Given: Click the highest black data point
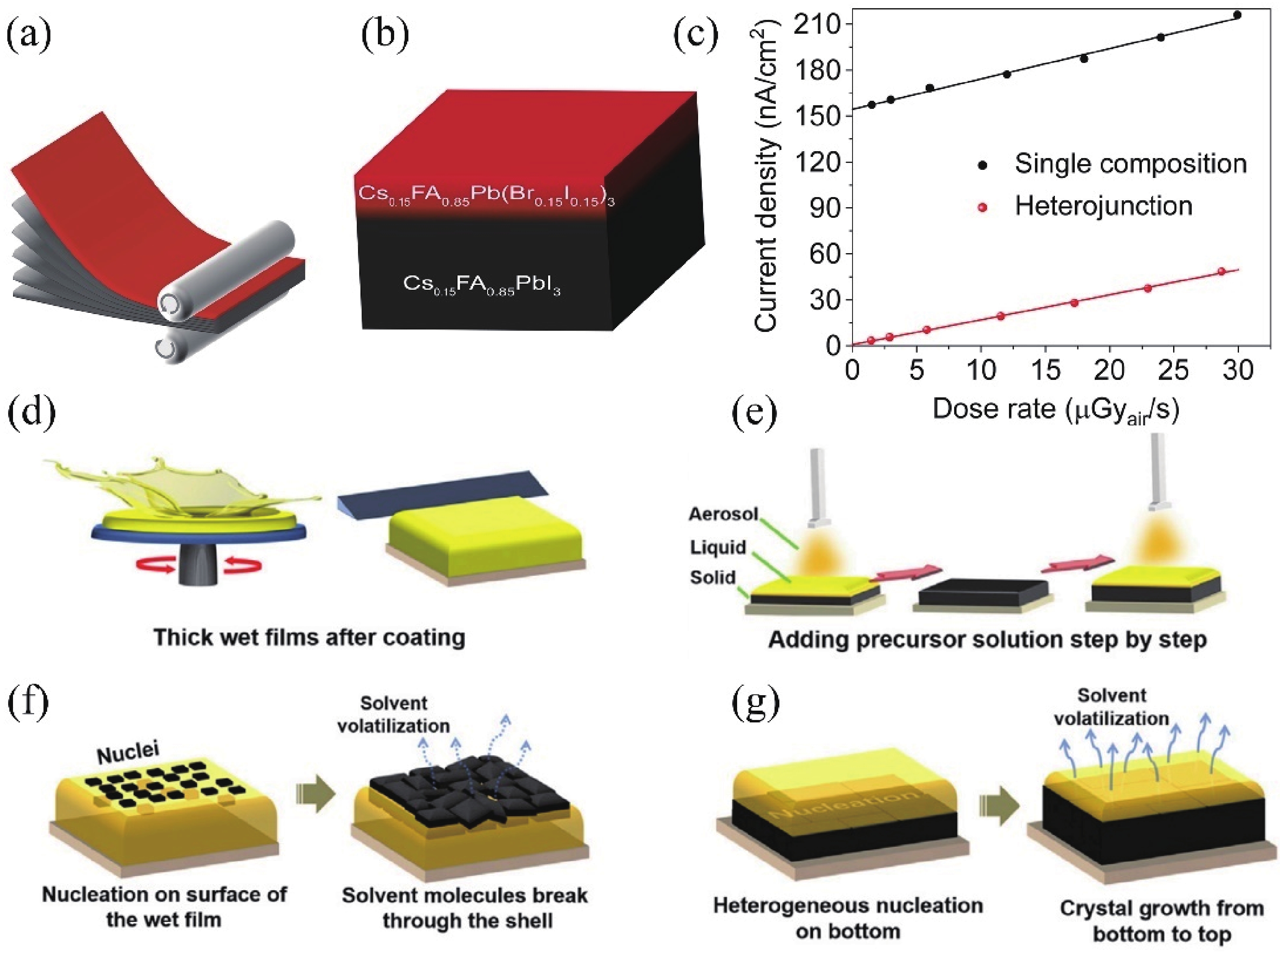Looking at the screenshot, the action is pyautogui.click(x=1237, y=15).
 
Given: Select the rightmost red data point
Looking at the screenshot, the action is pyautogui.click(x=1221, y=271).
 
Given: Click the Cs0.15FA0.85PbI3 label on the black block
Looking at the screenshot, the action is pyautogui.click(x=482, y=285).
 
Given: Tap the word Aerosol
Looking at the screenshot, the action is pyautogui.click(x=723, y=514).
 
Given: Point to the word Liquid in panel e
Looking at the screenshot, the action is pyautogui.click(x=718, y=547).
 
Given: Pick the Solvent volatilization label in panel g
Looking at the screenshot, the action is pyautogui.click(x=1111, y=707).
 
